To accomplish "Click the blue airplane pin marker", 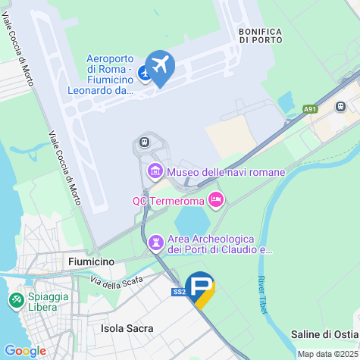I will click(160, 66).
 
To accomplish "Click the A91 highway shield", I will click(310, 109).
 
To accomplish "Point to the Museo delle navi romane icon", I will click(155, 172).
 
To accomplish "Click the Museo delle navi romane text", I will click(225, 172).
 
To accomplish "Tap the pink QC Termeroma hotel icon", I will click(216, 200).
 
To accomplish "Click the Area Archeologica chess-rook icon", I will click(156, 243).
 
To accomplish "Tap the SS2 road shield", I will click(179, 292).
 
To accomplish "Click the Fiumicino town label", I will click(90, 261).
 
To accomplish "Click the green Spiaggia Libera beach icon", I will click(14, 301).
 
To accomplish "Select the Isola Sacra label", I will click(127, 328).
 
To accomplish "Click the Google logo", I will click(24, 351).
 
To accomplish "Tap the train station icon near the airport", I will click(143, 141).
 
